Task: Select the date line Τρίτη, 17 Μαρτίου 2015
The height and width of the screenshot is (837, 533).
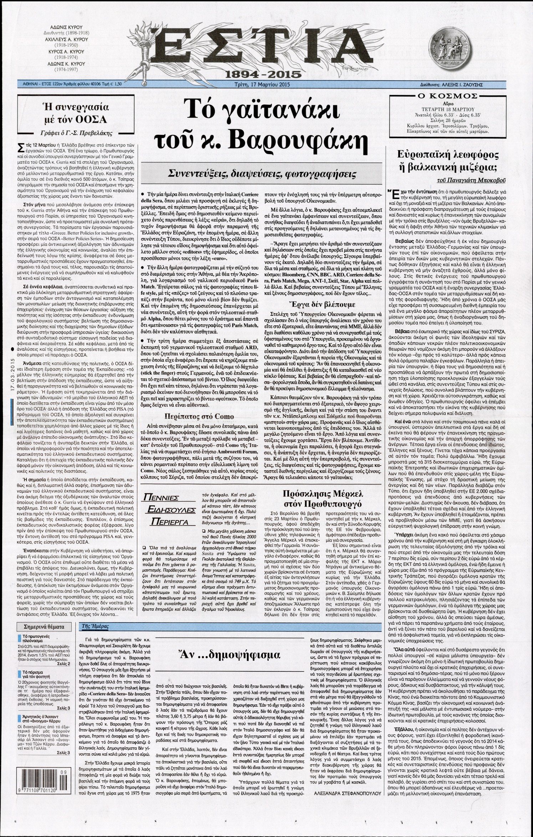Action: (260, 85)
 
